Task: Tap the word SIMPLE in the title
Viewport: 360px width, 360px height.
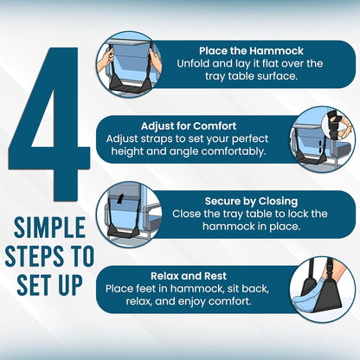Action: [49, 228]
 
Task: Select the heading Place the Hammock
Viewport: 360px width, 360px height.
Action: [251, 51]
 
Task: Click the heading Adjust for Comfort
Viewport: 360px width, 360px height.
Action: [189, 126]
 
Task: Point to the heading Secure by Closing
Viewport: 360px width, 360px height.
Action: [251, 201]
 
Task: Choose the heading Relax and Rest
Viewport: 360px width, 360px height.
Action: [189, 276]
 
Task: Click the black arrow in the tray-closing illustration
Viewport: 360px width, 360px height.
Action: [120, 198]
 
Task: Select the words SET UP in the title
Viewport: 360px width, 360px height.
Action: [49, 284]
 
